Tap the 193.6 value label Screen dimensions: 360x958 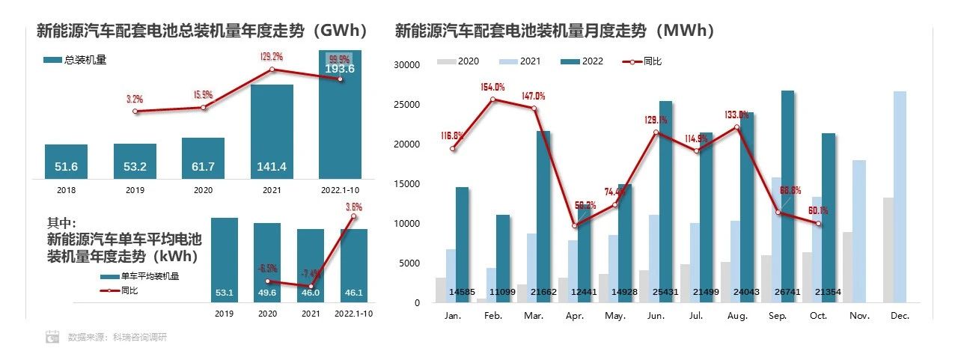click(x=340, y=69)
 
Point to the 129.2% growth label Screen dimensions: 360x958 click(x=271, y=56)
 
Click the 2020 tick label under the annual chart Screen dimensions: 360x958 click(x=203, y=190)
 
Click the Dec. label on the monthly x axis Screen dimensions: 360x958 click(x=900, y=317)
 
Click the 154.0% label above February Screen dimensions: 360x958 click(x=492, y=88)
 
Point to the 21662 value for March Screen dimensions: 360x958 click(x=533, y=291)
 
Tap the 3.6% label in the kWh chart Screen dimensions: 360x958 click(x=354, y=207)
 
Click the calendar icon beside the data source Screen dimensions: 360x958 click(x=52, y=337)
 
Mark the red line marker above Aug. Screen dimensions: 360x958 click(x=736, y=127)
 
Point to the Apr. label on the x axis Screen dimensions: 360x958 click(x=574, y=317)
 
